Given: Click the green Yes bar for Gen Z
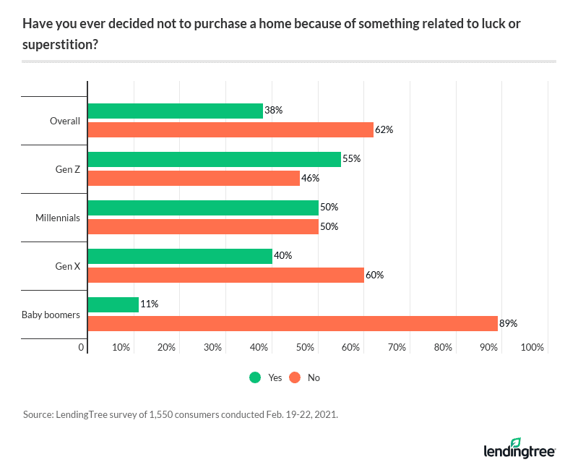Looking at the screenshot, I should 214,159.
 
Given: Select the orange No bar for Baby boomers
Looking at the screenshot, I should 293,323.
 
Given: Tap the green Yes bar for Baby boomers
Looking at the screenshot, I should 113,304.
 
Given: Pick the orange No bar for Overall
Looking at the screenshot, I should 230,130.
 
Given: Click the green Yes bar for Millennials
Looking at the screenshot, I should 203,208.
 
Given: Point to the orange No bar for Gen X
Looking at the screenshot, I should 225,275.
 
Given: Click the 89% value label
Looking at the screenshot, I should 509,323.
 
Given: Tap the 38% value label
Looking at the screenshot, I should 273,111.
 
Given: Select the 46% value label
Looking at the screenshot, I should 311,178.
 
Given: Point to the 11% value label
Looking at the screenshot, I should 149,304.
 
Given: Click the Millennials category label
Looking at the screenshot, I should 58,217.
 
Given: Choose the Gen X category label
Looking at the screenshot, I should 67,265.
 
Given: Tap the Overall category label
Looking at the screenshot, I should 64,121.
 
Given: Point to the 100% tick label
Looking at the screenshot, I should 532,348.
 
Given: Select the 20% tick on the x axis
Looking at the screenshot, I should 167,348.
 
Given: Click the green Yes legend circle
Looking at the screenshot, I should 255,377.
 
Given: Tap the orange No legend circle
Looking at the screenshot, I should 295,377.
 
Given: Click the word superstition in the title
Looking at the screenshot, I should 61,44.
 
